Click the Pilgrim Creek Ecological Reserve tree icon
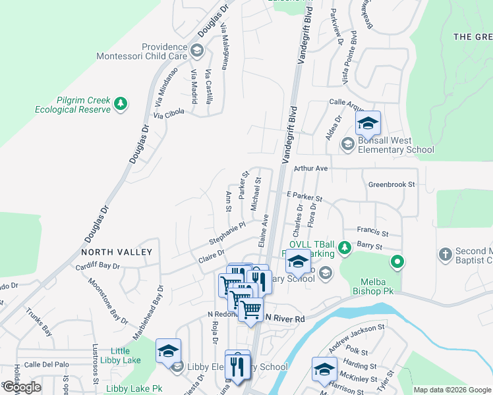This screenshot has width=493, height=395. (x=120, y=103)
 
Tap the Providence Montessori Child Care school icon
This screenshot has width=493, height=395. (x=196, y=51)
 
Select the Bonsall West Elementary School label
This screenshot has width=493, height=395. (x=396, y=145)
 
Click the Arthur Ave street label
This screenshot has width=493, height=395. (x=311, y=169)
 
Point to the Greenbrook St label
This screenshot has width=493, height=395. (x=391, y=185)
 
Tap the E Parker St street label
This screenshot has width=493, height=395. (x=304, y=197)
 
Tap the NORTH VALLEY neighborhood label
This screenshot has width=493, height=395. (x=117, y=252)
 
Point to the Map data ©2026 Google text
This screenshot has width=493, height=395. (x=451, y=390)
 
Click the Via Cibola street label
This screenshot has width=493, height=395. (x=169, y=114)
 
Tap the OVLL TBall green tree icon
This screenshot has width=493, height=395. (x=344, y=248)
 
